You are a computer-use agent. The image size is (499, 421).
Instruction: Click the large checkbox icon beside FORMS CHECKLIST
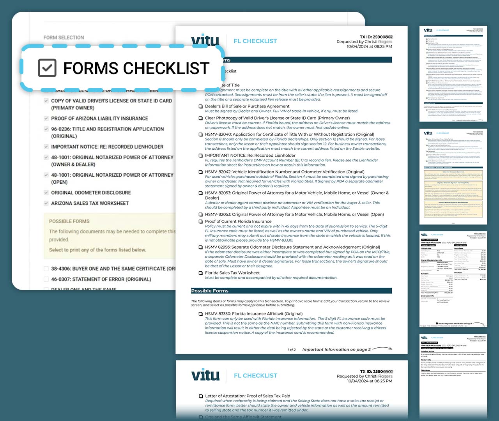pos(47,68)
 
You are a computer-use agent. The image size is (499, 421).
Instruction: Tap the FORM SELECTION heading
pos(64,37)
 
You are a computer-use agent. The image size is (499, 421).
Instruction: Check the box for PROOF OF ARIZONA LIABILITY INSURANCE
pos(46,119)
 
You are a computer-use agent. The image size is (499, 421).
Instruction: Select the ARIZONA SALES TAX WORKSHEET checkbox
pos(46,203)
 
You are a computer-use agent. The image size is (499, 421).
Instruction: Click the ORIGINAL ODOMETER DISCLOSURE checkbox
pos(46,193)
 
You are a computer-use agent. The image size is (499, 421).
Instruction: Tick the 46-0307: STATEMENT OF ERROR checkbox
pos(46,279)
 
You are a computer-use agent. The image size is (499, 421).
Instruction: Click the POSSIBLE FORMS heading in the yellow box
pos(69,221)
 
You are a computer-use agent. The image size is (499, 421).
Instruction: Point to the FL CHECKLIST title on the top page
pos(255,41)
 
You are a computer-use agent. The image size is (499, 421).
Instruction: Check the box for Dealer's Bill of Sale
pos(201,106)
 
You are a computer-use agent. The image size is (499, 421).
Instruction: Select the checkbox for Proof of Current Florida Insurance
pos(201,221)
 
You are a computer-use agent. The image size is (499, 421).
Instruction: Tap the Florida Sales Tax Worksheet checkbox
pos(201,273)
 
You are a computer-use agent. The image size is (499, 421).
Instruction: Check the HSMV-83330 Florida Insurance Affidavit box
pos(201,314)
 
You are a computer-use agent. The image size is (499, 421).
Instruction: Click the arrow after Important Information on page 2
pos(382,348)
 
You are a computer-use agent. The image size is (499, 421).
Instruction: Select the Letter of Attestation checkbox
pos(201,396)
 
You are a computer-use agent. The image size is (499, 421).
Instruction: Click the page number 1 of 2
pos(292,350)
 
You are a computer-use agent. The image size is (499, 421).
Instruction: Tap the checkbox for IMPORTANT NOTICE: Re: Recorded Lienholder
pos(201,156)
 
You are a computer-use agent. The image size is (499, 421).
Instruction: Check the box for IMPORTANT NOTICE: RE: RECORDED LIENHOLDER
pos(46,147)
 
